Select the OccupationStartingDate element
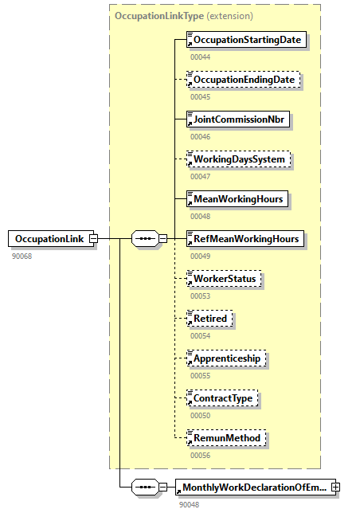coord(246,40)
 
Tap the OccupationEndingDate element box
coord(244,80)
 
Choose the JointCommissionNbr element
coord(237,119)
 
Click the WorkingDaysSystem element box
coord(238,159)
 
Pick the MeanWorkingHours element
coord(235,198)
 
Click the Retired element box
coord(209,319)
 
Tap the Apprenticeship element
coord(225,358)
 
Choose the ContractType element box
coord(222,397)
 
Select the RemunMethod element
coord(224,437)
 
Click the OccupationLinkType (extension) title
coord(184,15)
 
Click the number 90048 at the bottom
coord(190,504)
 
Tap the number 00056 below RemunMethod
coord(200,455)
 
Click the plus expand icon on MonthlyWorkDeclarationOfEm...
coord(335,486)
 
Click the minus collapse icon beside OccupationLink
coord(93,238)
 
